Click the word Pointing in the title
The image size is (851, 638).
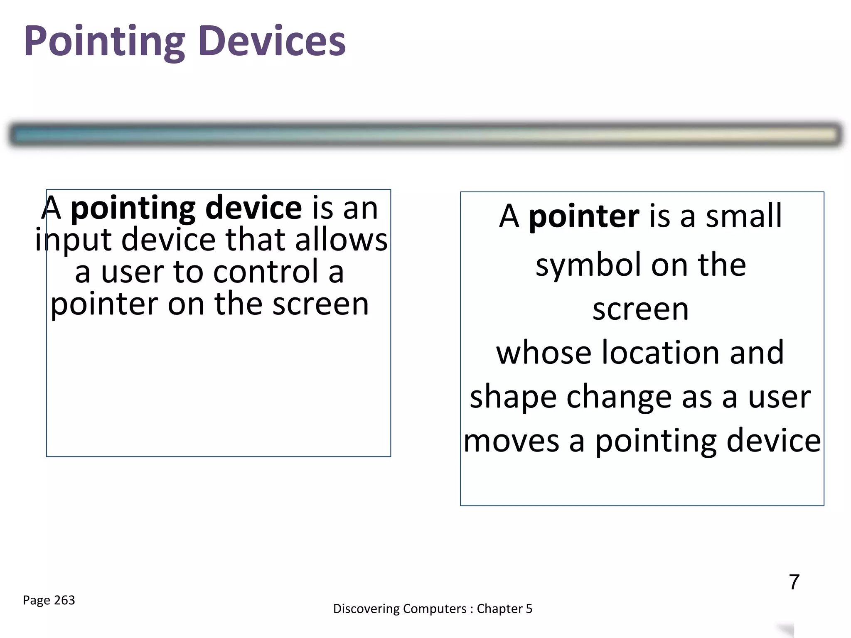tap(104, 42)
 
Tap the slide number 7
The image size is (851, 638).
tap(794, 582)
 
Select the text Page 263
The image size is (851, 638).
tap(49, 600)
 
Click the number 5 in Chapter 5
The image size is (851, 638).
tap(529, 609)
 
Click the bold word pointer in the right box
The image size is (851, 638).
tap(584, 216)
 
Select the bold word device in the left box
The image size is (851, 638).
tap(253, 208)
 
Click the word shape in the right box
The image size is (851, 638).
tap(513, 397)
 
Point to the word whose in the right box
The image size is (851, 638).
tap(544, 352)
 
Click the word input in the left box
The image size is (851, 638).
tap(73, 240)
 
